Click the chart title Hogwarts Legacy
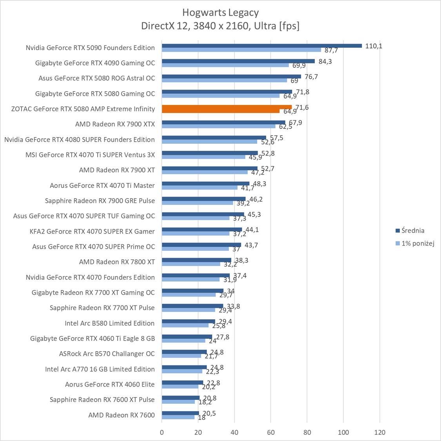click(220, 13)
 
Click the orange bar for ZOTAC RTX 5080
click(227, 109)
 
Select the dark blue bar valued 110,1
click(261, 45)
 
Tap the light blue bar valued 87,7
click(241, 50)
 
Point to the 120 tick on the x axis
click(379, 432)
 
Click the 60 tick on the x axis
click(271, 432)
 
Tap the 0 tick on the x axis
click(162, 432)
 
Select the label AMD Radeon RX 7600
click(122, 415)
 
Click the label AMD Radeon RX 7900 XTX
click(115, 124)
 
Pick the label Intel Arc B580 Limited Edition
click(109, 323)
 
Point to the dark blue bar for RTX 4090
click(238, 61)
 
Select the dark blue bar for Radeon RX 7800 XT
click(196, 260)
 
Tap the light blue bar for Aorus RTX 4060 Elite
click(180, 387)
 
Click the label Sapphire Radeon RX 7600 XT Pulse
click(102, 400)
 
